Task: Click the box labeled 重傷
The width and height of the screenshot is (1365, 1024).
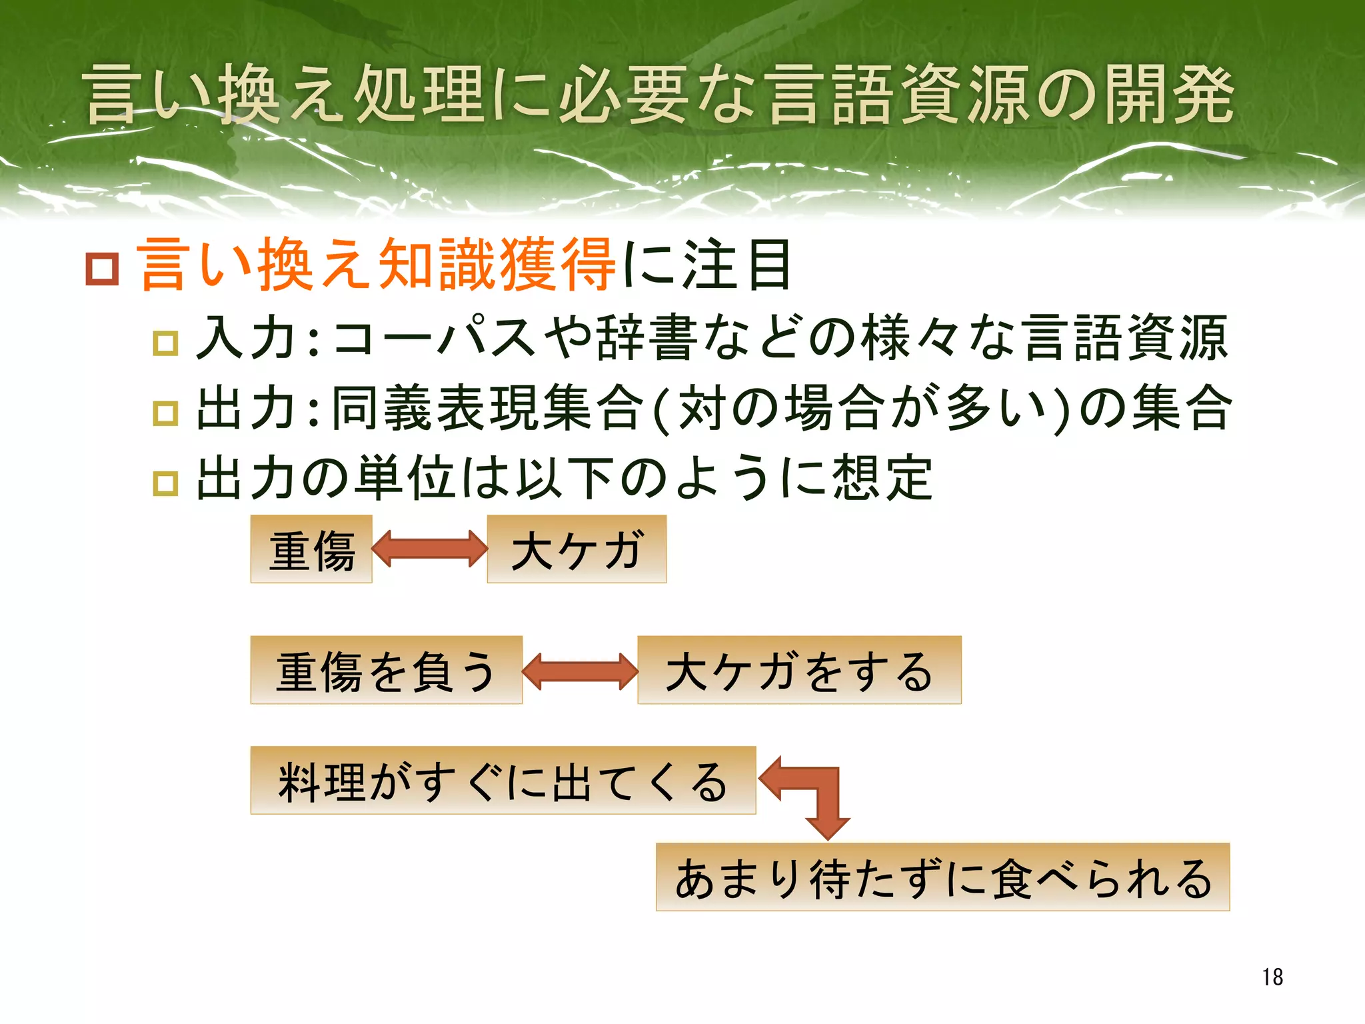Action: click(311, 549)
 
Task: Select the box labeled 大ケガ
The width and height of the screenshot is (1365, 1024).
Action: click(577, 549)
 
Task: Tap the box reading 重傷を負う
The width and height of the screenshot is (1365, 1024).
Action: click(386, 670)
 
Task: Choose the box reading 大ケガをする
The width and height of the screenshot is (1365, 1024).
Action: click(799, 670)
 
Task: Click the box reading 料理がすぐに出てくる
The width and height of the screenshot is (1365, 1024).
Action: click(503, 781)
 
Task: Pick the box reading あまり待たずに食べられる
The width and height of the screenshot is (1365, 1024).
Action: click(942, 877)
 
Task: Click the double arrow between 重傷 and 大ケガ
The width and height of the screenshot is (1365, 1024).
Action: click(430, 549)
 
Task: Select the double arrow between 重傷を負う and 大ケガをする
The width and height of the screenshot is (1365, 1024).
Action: click(580, 671)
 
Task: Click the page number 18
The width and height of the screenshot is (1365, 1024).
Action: click(1272, 977)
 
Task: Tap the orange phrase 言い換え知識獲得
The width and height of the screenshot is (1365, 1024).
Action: click(377, 265)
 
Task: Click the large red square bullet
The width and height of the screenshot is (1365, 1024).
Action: click(102, 269)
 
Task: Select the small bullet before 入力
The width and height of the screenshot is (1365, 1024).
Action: click(165, 343)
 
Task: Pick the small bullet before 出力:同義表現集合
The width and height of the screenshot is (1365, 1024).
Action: click(165, 413)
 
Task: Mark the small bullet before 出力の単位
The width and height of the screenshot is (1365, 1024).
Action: click(165, 483)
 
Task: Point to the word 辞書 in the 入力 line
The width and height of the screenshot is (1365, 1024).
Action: click(647, 337)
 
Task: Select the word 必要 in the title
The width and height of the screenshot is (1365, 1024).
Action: click(623, 95)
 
